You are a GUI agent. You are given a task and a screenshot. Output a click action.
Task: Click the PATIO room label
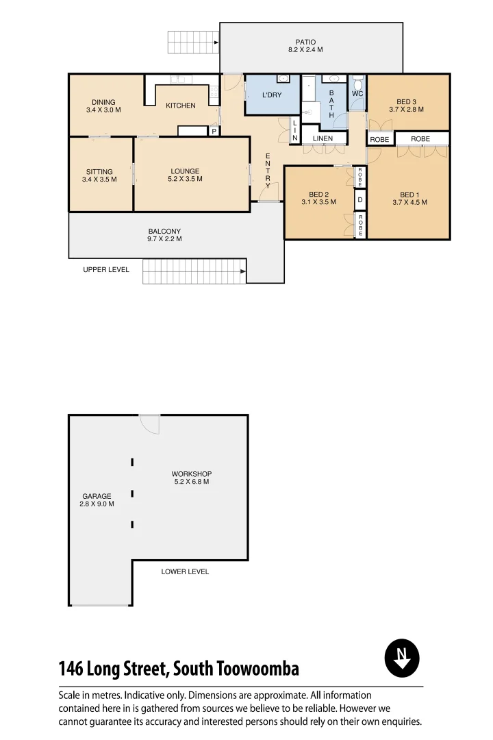click(305, 42)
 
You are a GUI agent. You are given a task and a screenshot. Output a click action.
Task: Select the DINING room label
click(103, 102)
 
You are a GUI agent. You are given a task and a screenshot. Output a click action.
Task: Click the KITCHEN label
click(181, 106)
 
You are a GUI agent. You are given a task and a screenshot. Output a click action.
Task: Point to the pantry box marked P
click(214, 132)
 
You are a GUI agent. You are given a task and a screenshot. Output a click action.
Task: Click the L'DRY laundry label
click(272, 95)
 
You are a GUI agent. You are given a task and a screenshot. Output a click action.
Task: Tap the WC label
click(357, 93)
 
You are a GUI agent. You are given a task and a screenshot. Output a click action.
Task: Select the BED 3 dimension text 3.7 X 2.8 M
click(406, 110)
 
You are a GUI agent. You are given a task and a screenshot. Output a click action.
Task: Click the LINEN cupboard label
click(323, 138)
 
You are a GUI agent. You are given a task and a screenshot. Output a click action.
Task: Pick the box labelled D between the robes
click(360, 201)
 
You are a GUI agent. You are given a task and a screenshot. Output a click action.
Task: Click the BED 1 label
click(409, 195)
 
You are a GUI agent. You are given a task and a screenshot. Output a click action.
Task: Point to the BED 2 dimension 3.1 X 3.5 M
click(318, 202)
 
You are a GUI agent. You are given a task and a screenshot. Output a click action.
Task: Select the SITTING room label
click(99, 172)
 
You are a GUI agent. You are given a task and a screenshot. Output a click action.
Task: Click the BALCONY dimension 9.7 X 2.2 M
click(164, 239)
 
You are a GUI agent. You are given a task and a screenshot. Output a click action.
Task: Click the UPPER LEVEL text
click(106, 270)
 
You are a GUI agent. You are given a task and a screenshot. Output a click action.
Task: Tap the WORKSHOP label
click(191, 474)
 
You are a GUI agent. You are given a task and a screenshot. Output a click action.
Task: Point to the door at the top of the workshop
click(149, 423)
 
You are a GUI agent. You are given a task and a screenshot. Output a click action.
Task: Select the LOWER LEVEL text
click(185, 571)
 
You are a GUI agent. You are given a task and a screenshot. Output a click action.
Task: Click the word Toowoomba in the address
click(257, 668)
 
